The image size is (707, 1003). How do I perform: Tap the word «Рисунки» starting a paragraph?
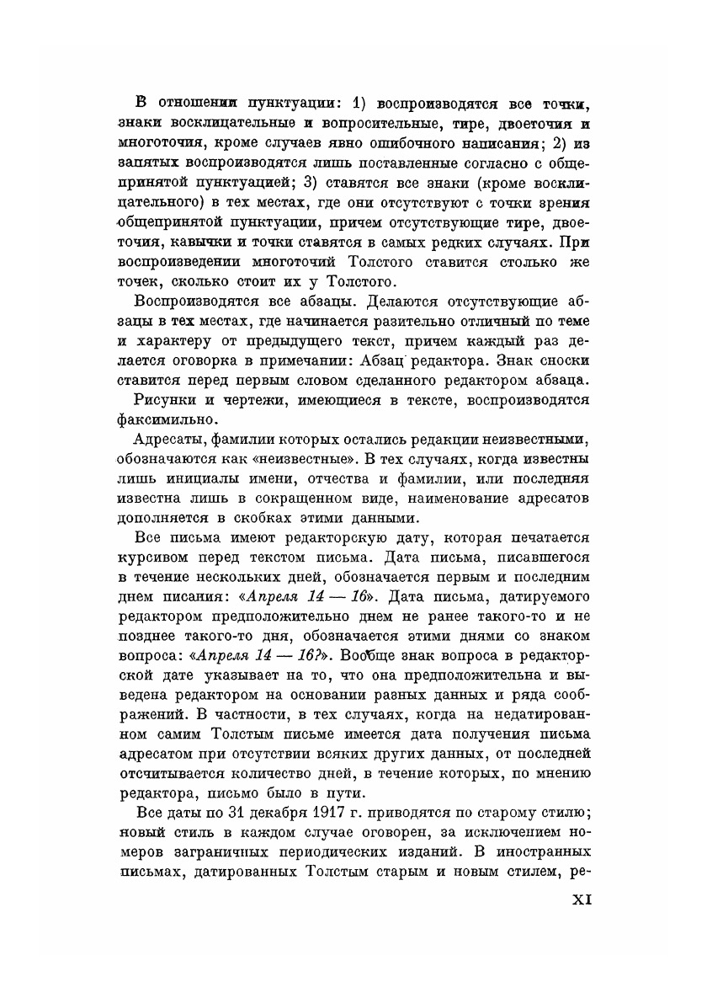click(161, 399)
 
